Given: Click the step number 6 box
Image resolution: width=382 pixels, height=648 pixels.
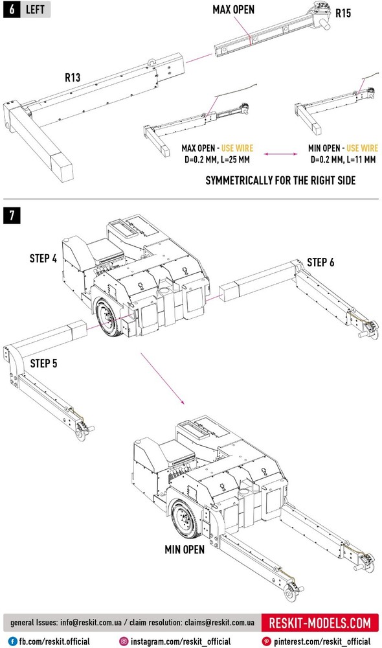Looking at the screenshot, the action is pos(12,9).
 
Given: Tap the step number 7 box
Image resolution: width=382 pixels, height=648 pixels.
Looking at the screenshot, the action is pos(12,215).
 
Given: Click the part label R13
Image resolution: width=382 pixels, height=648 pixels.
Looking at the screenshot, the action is pos(73,77).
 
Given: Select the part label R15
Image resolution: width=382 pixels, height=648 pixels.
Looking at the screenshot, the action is pos(343,13).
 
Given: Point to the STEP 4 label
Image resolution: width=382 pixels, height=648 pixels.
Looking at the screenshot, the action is pos(43,259).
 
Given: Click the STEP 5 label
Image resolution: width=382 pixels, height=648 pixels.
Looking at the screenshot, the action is pos(44,364).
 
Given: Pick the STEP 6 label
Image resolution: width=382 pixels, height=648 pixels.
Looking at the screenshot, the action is pos(320,262).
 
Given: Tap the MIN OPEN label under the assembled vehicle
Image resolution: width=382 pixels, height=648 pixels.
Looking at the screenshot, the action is pos(185,550).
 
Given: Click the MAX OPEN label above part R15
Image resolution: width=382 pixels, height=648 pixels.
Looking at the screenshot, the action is pos(233,10).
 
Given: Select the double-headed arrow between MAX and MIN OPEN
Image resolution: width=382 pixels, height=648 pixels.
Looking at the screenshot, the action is pos(281,154).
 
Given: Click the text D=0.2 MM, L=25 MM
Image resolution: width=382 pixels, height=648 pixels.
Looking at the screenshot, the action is pos(218,159).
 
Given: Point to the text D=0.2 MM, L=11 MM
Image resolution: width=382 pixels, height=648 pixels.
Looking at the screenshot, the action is pos(343,159).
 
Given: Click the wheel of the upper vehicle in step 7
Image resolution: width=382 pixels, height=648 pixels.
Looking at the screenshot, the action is pos(108,318).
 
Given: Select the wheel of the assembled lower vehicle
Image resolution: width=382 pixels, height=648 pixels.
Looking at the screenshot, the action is pos(185,520).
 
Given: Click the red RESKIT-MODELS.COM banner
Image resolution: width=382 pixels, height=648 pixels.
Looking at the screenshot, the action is pos(320,623).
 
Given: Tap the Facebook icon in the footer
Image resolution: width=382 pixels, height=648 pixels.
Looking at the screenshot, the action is pos(13,642).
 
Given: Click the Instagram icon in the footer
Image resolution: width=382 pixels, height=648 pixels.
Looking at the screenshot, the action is pos(124,642).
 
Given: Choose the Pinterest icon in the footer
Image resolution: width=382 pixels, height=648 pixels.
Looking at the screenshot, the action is pos(266,642).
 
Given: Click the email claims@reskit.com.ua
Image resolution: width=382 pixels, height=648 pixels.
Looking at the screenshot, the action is pos(219,622).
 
